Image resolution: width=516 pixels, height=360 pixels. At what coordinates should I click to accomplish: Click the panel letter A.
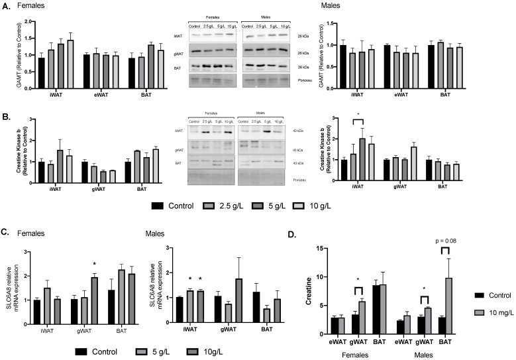(5, 6)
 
